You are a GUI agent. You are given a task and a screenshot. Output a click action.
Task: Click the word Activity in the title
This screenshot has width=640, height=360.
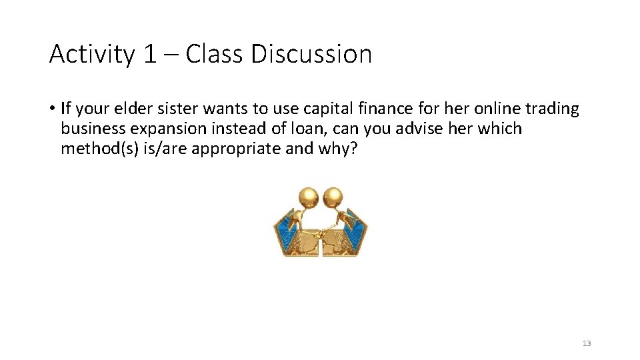92,54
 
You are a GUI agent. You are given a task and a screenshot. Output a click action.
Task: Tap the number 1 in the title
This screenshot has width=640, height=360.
149,54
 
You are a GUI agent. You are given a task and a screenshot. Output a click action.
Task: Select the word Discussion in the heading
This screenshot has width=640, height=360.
311,54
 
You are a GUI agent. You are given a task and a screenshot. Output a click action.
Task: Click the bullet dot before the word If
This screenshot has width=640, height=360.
52,109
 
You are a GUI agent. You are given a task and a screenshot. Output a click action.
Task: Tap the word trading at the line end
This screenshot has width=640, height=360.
553,109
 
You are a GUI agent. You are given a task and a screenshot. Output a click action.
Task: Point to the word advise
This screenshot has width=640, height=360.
422,129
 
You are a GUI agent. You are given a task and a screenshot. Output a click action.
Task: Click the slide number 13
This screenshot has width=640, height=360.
587,343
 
